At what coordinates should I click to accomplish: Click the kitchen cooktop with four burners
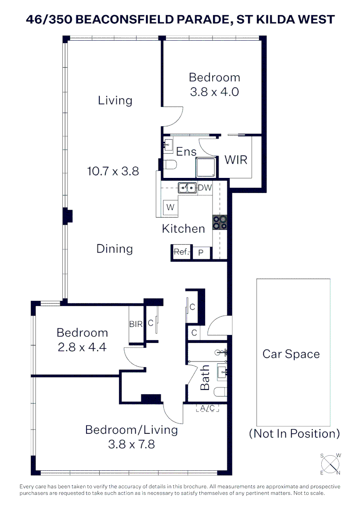coord(220,222)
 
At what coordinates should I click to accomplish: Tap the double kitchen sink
coord(187,188)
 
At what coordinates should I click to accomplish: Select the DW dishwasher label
coord(205,188)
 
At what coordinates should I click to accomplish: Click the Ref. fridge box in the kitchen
coord(181,252)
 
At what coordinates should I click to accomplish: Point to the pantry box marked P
coord(201,253)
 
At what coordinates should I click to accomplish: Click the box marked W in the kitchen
coord(170,207)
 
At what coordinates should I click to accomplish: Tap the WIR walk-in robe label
coord(236,159)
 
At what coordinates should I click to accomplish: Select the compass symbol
coord(331,463)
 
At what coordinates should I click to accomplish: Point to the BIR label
coord(136,325)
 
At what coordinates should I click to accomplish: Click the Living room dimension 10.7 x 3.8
coord(113,171)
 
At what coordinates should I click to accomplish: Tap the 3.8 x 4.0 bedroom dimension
coord(214,91)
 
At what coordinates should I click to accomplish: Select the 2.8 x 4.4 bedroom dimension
coord(82,347)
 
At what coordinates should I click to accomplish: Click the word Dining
coord(114,248)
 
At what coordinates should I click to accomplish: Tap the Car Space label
coord(291,354)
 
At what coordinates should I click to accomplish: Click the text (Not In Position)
coord(294,433)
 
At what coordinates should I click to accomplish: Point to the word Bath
coord(205,377)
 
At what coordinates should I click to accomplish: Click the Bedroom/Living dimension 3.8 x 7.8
coord(131,444)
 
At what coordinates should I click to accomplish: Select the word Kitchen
coord(183,229)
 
